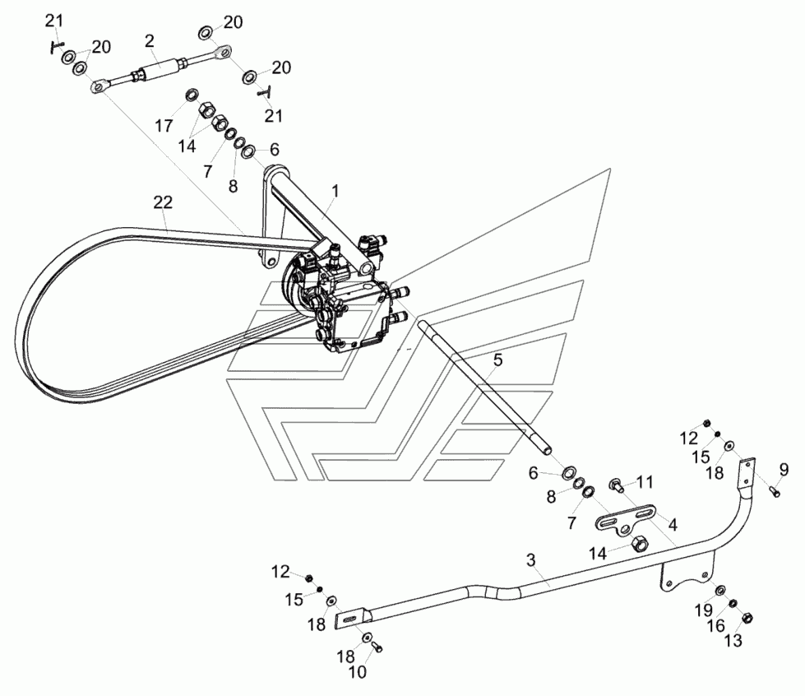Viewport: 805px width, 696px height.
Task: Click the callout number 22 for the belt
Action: coord(163,202)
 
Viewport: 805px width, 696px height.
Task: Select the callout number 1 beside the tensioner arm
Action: coord(335,191)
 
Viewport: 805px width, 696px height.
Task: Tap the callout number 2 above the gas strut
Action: coord(150,41)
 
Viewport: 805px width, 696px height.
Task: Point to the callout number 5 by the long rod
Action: coord(498,360)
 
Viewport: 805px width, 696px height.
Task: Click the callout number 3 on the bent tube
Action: coord(531,559)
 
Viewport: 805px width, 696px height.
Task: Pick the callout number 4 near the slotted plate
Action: coord(673,524)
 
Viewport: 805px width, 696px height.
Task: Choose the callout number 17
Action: coord(164,126)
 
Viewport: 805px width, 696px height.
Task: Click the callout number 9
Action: coord(783,470)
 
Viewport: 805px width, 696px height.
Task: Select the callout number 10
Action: coord(358,671)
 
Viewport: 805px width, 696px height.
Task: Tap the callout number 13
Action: coord(733,641)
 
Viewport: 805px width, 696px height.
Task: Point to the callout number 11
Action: coord(645,482)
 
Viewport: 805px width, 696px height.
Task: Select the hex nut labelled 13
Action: coord(747,616)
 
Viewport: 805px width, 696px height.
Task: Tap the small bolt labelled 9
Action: coord(775,493)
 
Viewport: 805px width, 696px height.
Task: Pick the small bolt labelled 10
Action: coord(377,647)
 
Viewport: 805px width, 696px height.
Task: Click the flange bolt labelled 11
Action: coord(616,485)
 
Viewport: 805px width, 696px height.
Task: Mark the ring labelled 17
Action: coord(192,95)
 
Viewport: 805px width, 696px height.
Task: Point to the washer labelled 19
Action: coord(720,590)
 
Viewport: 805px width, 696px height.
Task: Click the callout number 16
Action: coord(716,625)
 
